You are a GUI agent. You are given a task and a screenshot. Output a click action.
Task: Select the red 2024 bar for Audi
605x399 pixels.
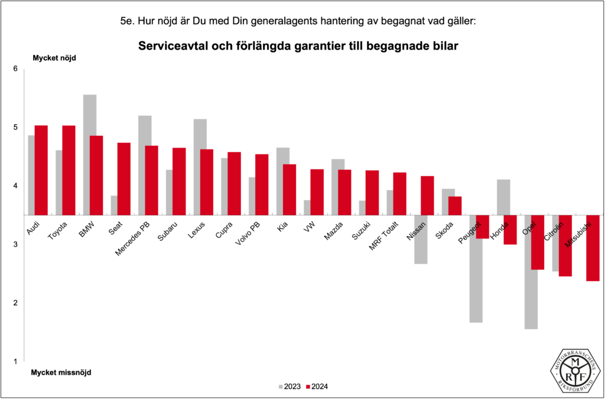coord(41,170)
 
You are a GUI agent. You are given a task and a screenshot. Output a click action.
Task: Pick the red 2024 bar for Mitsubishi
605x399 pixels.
coord(593,248)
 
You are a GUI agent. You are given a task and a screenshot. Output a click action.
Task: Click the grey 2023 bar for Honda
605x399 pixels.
coord(503,197)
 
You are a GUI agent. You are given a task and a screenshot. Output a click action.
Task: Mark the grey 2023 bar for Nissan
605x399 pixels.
coord(421,239)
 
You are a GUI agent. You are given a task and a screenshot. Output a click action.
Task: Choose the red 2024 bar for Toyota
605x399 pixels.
coord(69,170)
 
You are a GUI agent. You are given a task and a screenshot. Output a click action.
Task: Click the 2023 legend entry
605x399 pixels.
coord(289,387)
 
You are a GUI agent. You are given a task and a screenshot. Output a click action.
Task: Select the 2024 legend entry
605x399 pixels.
coord(317,387)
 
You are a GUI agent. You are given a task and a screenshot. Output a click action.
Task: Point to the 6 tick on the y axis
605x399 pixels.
coord(15,69)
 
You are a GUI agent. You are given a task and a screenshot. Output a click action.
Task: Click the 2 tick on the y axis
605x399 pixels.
coord(15,303)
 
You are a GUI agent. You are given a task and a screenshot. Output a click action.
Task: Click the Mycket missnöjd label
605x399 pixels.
coord(61,372)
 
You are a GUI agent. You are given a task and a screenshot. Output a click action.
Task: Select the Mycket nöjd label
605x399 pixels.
coord(54,58)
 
